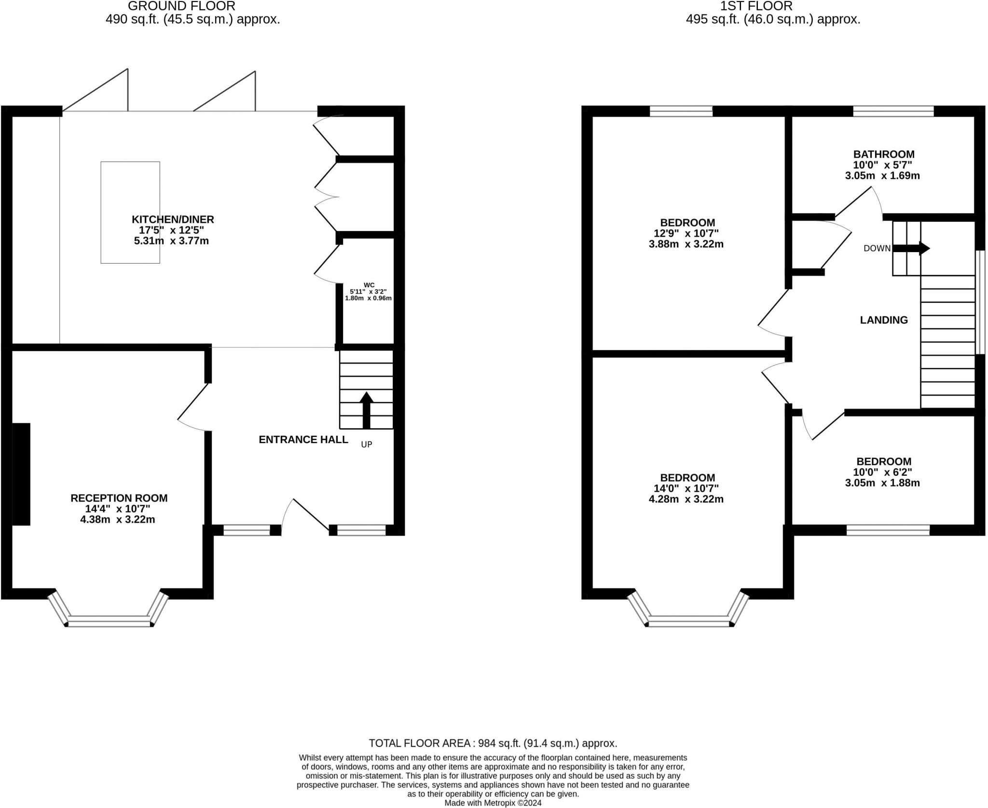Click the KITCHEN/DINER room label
pos(173,219)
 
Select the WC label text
pos(369,285)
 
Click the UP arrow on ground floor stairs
pos(367,410)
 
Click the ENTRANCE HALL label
pos(303,440)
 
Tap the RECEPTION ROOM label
pos(119,498)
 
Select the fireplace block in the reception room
pos(21,474)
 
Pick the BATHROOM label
pos(884,154)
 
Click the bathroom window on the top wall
pos(893,111)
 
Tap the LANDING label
pos(884,320)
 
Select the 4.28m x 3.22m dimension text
pos(686,499)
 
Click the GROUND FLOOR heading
pos(181,6)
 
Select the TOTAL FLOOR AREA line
pos(493,743)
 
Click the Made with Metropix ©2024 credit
pos(493,803)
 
